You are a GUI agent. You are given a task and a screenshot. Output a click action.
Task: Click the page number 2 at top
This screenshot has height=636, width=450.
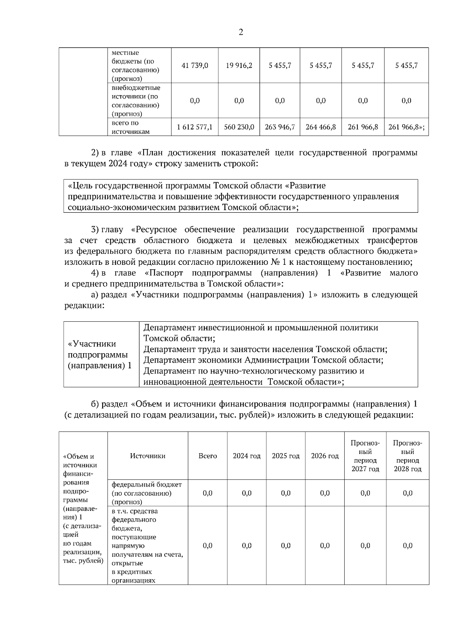click(241, 32)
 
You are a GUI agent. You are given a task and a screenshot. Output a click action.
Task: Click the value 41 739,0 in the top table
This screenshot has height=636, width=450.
click(195, 66)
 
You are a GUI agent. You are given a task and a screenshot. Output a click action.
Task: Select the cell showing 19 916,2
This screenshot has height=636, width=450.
click(239, 66)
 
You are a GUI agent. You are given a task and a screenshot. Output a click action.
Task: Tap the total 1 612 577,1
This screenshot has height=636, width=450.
click(195, 127)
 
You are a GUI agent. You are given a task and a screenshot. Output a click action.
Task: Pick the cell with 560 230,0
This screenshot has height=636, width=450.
click(239, 127)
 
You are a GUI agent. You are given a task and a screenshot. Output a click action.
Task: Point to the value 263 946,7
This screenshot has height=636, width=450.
click(280, 127)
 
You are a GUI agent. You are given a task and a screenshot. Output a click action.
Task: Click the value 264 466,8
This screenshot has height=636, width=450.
click(321, 127)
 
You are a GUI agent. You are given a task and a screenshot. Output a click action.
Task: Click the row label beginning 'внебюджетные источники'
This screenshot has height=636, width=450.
click(136, 100)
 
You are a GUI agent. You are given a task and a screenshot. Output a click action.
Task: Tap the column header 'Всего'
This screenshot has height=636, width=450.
click(207, 456)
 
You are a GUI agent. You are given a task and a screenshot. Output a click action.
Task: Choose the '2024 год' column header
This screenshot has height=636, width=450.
click(246, 456)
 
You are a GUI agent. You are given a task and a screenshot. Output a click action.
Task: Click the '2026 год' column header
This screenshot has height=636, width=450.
click(324, 456)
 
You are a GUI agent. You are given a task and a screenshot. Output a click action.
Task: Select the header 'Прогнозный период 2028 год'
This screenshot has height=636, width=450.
click(407, 456)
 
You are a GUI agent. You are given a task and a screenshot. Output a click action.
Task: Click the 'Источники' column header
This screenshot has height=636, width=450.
click(147, 456)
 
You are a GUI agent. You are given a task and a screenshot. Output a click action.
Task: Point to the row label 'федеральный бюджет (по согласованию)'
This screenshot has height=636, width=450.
click(146, 493)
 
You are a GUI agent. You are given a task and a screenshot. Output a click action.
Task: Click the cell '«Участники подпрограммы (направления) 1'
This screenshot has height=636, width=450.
click(99, 354)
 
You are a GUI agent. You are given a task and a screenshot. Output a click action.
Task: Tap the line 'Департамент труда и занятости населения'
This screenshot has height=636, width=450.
click(265, 349)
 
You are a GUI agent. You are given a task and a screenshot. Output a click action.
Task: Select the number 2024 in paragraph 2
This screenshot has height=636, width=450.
click(118, 164)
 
